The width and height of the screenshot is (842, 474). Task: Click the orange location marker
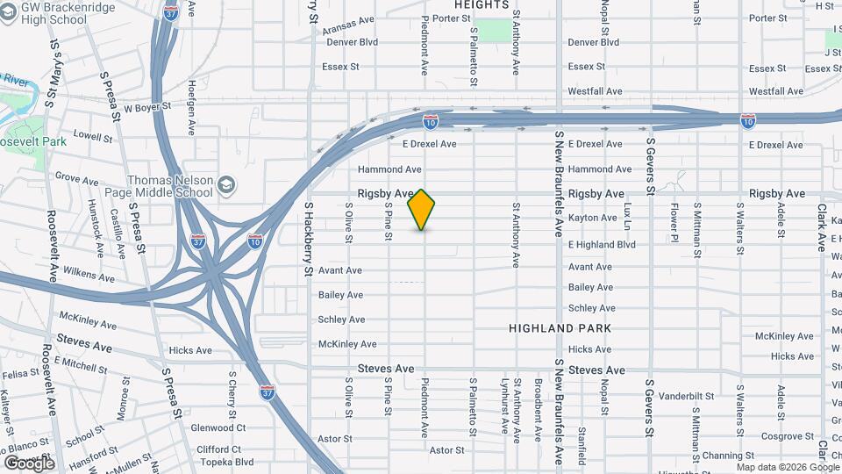[x=422, y=210]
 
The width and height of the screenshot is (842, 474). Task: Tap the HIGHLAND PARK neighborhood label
[x=560, y=328]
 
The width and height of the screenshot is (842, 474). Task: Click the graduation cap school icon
[x=227, y=185]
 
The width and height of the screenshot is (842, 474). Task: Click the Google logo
[x=29, y=463]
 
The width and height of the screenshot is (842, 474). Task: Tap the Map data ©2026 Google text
[x=788, y=467]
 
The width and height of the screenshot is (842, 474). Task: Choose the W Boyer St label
[x=146, y=109]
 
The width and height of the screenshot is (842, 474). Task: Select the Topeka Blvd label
[x=225, y=462]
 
